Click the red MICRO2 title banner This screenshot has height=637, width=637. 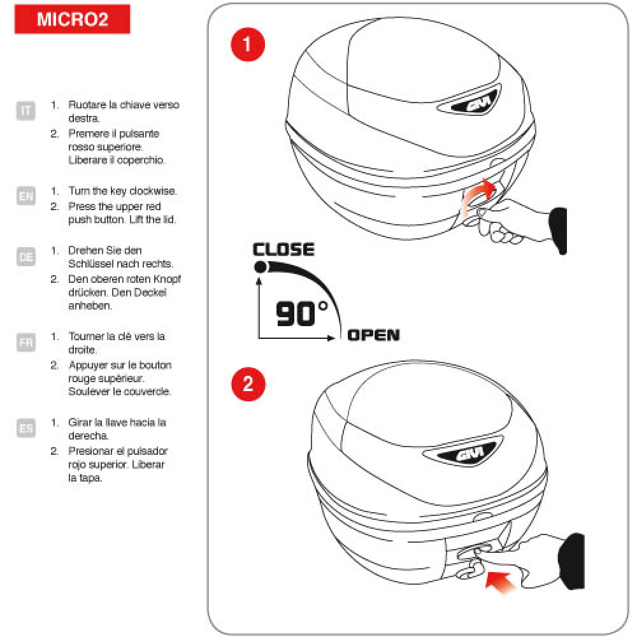click(x=73, y=18)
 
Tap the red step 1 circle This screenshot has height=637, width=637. click(x=247, y=45)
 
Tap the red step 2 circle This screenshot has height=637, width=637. click(x=248, y=384)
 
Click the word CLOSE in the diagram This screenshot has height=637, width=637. click(x=283, y=250)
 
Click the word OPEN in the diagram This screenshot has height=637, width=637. click(x=373, y=335)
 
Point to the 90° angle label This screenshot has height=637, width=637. click(x=301, y=313)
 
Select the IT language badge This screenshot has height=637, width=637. click(x=25, y=110)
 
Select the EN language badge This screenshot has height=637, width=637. click(x=26, y=196)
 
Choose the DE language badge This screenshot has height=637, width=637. click(x=26, y=257)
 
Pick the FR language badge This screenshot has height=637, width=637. click(x=26, y=342)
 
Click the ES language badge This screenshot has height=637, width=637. click(x=26, y=428)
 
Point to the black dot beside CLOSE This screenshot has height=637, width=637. click(x=261, y=267)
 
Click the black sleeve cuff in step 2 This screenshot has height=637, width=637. click(x=571, y=561)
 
